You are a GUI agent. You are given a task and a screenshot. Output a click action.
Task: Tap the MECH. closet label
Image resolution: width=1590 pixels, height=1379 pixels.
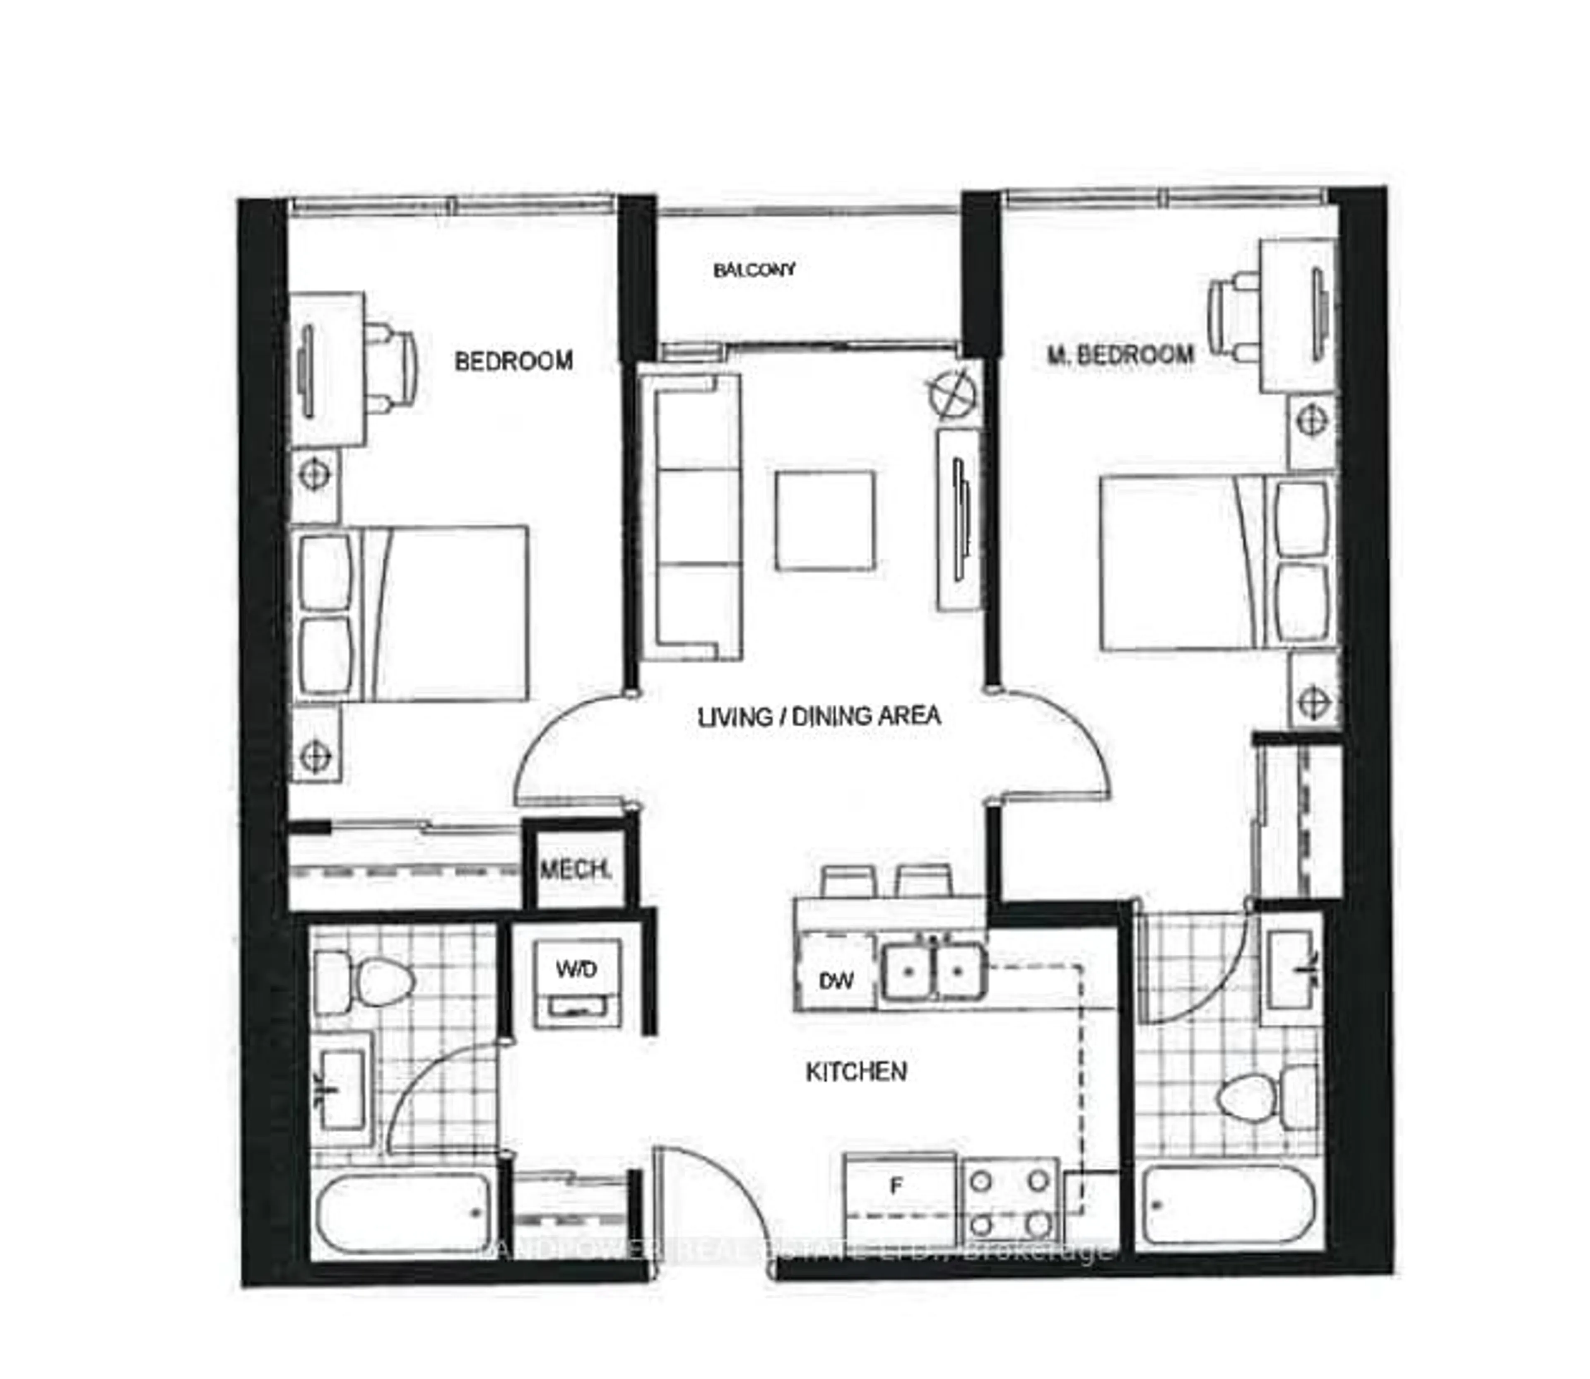pos(576,870)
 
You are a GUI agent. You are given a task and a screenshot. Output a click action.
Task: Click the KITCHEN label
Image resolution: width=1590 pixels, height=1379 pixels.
pos(855,1072)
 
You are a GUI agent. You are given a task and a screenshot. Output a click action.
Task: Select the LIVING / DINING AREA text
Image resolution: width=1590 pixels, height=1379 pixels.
pos(819,717)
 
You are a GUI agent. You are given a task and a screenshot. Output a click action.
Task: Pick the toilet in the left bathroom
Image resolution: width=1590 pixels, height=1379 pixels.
pos(365,982)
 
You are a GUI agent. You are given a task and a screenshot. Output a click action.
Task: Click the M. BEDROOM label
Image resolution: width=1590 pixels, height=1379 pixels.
pos(1120,355)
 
